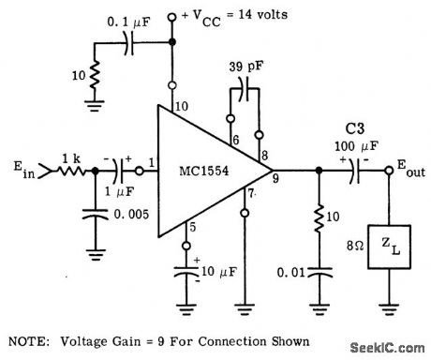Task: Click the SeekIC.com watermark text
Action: click(x=386, y=348)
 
